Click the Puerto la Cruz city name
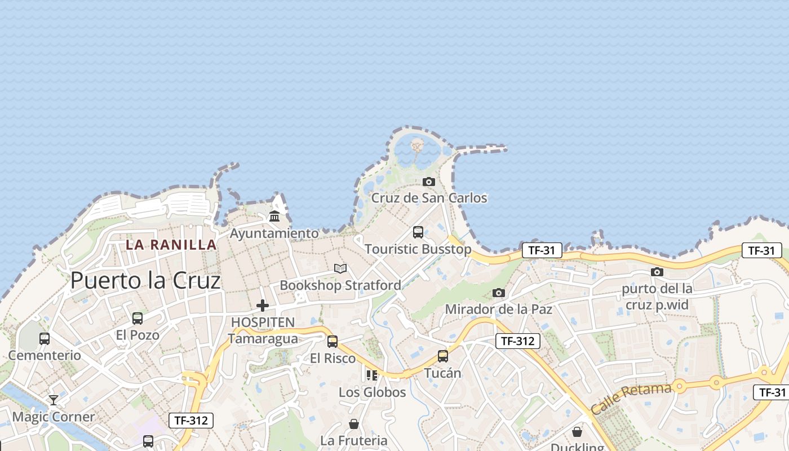(x=145, y=280)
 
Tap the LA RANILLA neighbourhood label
(x=171, y=245)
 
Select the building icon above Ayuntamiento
(x=274, y=216)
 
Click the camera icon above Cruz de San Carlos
(x=429, y=182)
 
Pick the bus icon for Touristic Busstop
(x=418, y=232)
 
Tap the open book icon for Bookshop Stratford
(x=340, y=268)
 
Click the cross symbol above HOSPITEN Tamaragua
(x=263, y=306)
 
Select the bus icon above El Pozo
(x=138, y=319)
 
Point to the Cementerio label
(x=45, y=356)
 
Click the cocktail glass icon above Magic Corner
(x=54, y=400)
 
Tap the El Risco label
(x=333, y=359)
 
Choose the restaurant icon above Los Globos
(x=371, y=375)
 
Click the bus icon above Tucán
(x=443, y=356)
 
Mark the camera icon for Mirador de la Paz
(x=499, y=293)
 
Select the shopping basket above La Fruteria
(x=354, y=423)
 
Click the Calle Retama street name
(x=631, y=398)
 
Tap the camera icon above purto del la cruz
(x=657, y=272)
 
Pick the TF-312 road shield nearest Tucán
(x=518, y=341)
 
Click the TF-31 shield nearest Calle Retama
(x=770, y=392)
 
